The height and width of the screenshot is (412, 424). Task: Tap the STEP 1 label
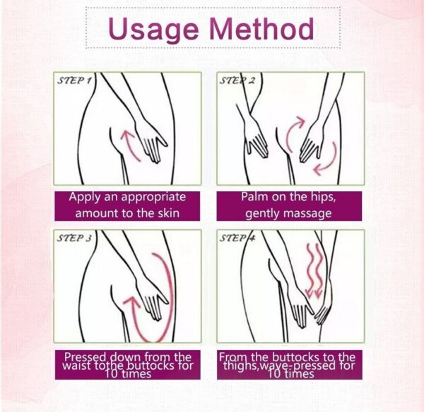coord(73,80)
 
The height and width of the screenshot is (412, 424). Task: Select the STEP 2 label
coord(237,80)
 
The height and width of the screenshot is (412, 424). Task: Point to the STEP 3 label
coord(73,238)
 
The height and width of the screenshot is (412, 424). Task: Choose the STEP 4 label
coord(237,238)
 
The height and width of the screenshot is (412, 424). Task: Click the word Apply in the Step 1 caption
coord(85,198)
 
